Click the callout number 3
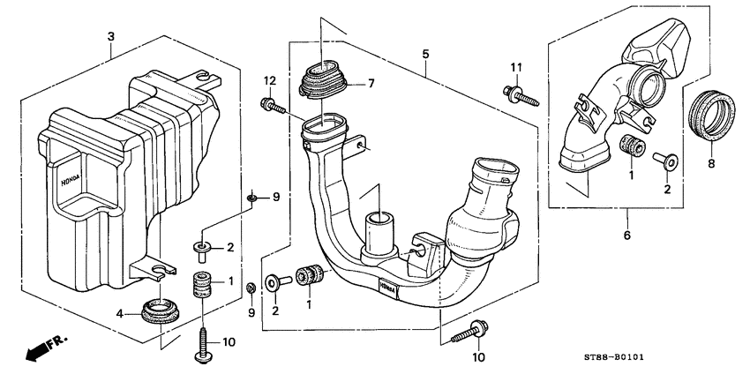(x=111, y=35)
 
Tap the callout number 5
(x=425, y=55)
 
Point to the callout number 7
(x=371, y=84)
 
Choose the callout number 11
(x=515, y=67)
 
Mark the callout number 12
(x=266, y=82)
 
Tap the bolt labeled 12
(x=273, y=107)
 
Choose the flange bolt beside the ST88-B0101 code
(x=470, y=332)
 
